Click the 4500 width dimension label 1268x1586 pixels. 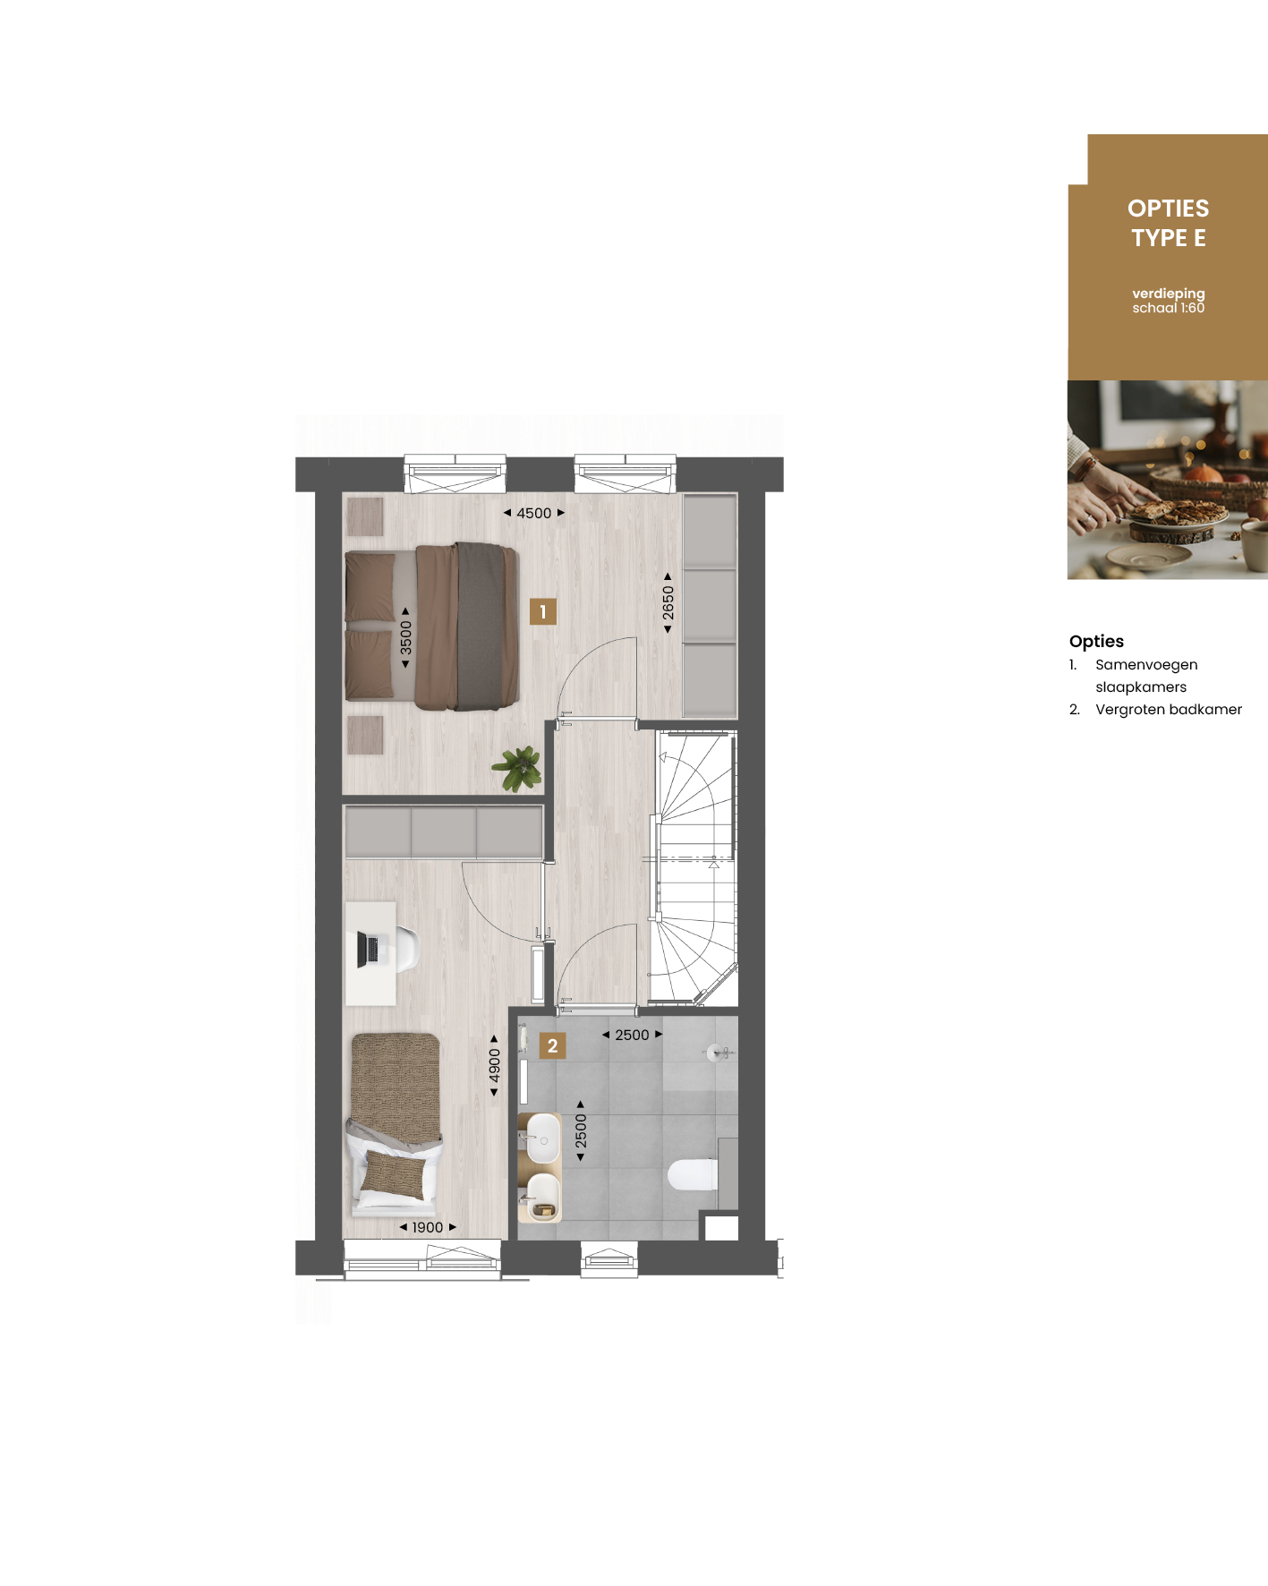(x=534, y=513)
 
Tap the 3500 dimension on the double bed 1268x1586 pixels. (x=405, y=637)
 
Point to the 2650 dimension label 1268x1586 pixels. (x=668, y=603)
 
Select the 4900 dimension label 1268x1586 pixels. (x=494, y=1066)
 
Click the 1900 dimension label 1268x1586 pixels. (x=428, y=1227)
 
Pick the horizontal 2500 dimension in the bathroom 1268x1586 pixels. (x=632, y=1035)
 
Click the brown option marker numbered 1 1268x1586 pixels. (x=543, y=611)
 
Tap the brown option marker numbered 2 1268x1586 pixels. (x=552, y=1045)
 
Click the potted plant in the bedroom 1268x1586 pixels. (x=517, y=769)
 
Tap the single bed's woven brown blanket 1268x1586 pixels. (x=396, y=1087)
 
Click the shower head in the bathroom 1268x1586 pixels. (x=717, y=1053)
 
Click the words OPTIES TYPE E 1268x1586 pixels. (x=1168, y=223)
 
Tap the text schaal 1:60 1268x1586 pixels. (x=1168, y=308)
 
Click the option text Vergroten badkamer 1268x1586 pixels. (x=1168, y=709)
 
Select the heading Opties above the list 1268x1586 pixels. (x=1096, y=641)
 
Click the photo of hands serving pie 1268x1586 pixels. (x=1167, y=480)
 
